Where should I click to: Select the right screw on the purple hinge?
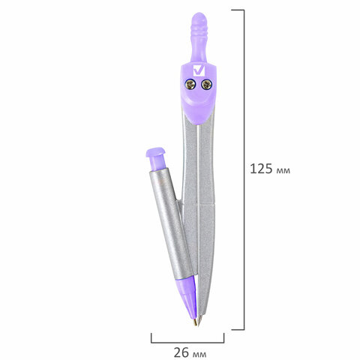click(x=208, y=85)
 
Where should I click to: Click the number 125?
click(x=261, y=169)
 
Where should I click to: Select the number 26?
click(x=181, y=350)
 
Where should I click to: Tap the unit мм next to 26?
click(x=198, y=352)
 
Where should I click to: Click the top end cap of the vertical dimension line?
click(x=237, y=10)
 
